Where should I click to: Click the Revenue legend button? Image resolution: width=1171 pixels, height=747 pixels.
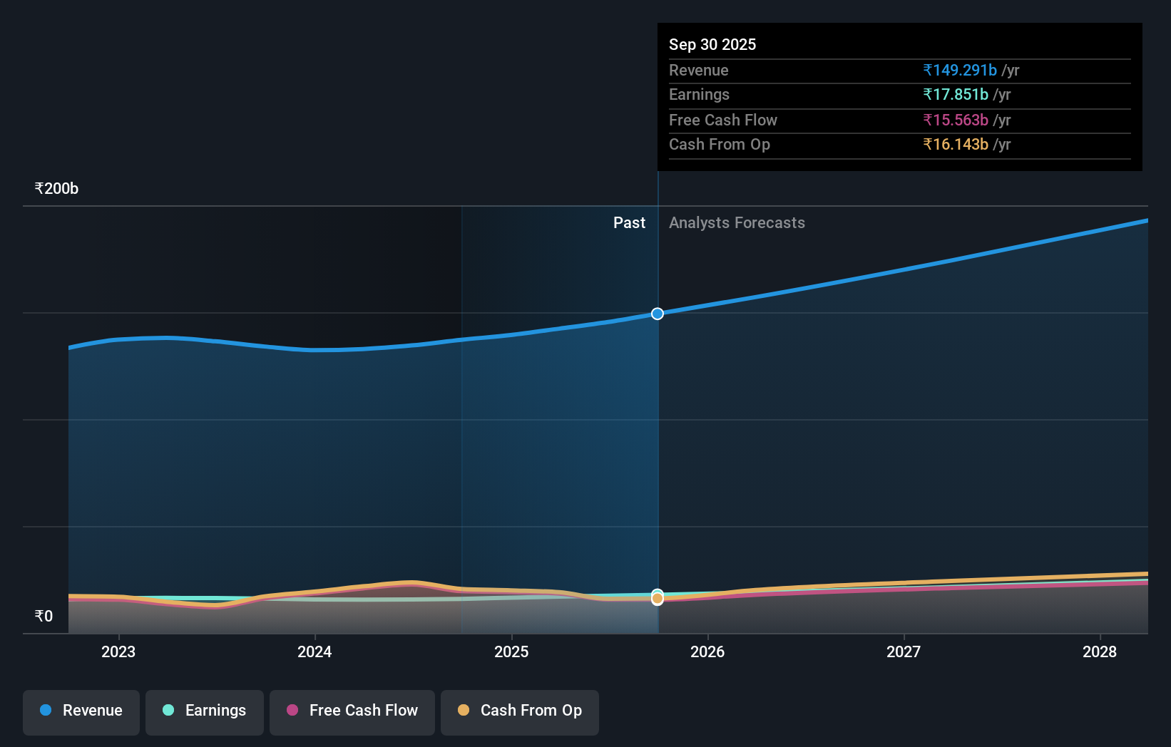[81, 711]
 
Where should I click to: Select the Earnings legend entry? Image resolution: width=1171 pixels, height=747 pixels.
[205, 711]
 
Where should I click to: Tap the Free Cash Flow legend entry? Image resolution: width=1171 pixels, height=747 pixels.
[352, 711]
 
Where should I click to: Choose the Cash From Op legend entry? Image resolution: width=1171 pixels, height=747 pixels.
[520, 711]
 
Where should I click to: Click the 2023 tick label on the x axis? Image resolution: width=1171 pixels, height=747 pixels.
[118, 651]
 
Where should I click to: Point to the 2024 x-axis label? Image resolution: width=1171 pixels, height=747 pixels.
[315, 651]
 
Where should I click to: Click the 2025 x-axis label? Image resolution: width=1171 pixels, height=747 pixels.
[511, 651]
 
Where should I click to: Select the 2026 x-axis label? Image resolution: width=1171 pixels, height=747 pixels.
[707, 651]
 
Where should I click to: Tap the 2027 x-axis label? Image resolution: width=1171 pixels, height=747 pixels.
[904, 651]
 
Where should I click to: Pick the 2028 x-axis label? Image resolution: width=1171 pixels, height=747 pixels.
[1100, 651]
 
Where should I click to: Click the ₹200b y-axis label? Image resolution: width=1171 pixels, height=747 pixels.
[56, 189]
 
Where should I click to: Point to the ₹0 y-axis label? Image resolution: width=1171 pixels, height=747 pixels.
[44, 617]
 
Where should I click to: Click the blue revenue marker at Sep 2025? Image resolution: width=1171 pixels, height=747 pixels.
[658, 314]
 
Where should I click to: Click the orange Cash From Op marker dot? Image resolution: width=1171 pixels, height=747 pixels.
[658, 599]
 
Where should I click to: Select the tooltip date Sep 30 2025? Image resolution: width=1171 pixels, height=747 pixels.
[712, 44]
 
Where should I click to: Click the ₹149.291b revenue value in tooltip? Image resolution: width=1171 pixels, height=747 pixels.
[960, 70]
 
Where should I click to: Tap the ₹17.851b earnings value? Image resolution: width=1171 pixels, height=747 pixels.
[956, 95]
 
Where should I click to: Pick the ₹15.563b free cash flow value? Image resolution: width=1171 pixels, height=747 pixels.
[956, 120]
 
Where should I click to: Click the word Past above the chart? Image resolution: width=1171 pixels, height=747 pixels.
[629, 223]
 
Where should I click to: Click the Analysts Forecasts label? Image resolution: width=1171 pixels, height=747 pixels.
[737, 223]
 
